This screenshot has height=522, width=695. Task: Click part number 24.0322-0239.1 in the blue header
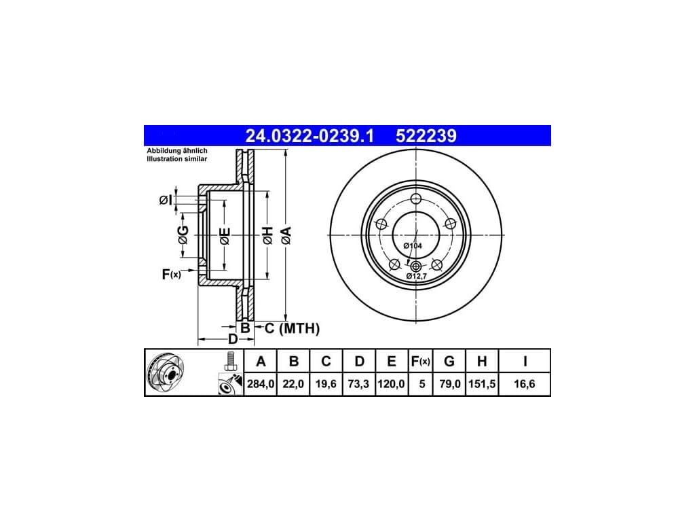pos(309,136)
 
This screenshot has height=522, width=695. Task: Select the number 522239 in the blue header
pos(426,136)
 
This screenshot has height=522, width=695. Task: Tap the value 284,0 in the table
pos(261,384)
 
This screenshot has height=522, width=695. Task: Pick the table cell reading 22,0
pos(293,384)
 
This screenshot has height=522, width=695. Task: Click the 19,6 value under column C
pos(326,384)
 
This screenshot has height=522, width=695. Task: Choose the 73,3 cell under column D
pos(358,384)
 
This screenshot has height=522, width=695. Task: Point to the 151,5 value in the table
pos(482,384)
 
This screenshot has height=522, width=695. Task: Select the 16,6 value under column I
pos(525,384)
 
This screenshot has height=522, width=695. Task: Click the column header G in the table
pos(449,362)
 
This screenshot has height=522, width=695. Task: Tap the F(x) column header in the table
pos(420,362)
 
